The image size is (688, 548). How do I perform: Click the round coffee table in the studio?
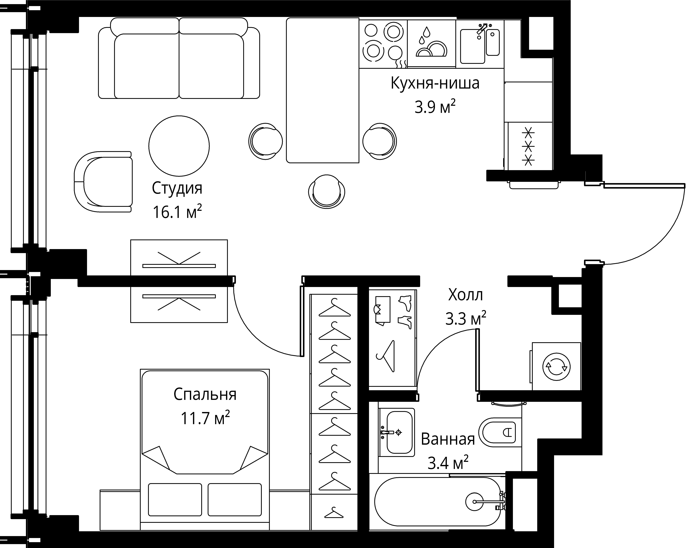pos(179,146)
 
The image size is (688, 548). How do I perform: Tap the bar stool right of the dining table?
pos(380,141)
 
